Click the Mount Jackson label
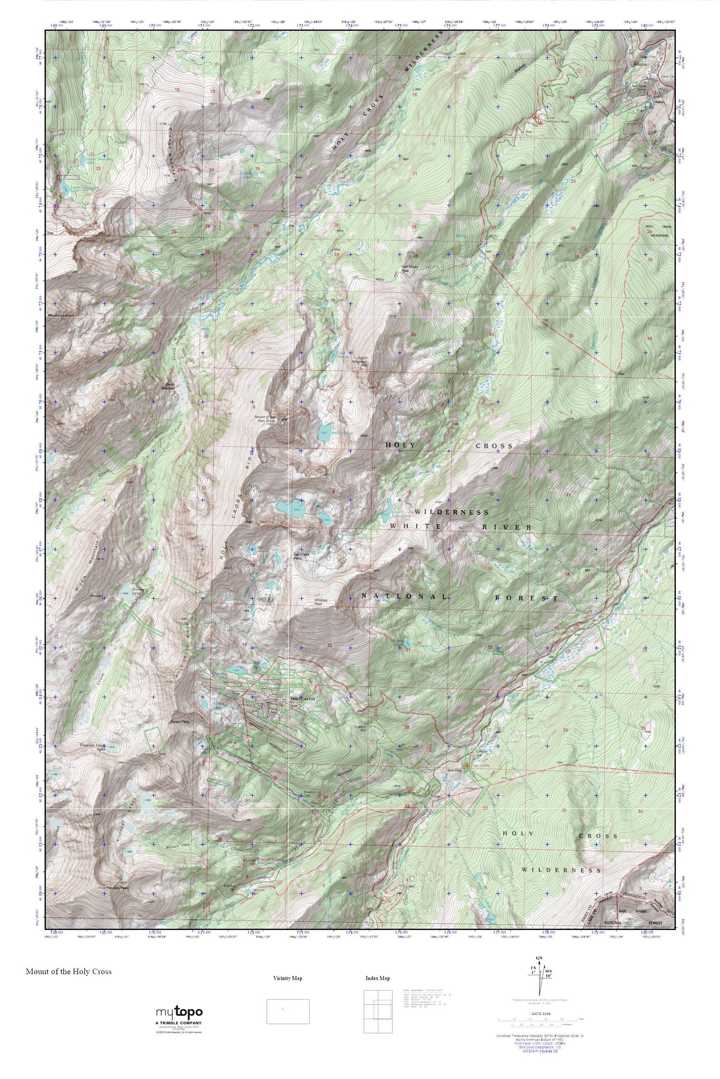tap(61, 316)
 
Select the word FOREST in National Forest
tap(527, 598)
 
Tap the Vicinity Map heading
tap(288, 978)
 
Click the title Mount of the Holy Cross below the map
tap(69, 971)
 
